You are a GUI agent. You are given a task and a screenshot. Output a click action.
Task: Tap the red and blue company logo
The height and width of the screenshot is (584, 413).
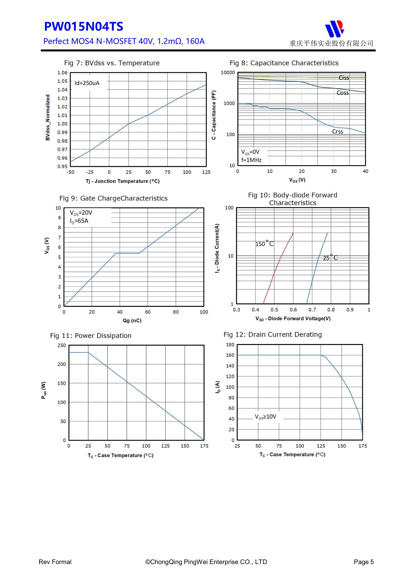334,28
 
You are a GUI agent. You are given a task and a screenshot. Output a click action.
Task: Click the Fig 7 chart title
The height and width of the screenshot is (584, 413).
112,63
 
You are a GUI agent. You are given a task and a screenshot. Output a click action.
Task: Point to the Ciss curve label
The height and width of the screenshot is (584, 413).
344,78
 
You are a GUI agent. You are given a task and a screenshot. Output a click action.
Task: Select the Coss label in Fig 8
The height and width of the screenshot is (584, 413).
343,93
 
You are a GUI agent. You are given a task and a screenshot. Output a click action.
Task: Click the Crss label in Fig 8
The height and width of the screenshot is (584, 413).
337,132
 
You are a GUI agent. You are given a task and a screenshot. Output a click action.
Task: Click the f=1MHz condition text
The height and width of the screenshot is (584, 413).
251,160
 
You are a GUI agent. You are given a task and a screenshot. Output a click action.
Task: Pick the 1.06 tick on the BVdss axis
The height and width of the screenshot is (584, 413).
62,73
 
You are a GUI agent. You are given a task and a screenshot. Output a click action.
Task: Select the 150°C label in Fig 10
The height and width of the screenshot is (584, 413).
264,244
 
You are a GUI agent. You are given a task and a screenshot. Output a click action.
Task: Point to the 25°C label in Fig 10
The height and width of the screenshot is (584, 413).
330,258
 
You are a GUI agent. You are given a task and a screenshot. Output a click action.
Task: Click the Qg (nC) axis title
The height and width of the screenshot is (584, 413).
132,320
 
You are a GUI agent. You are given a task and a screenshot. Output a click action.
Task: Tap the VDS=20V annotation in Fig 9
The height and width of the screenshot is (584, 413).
81,213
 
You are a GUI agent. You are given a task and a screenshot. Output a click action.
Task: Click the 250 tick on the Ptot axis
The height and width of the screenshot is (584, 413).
62,345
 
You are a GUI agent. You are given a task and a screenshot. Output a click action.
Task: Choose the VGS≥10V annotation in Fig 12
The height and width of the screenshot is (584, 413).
265,417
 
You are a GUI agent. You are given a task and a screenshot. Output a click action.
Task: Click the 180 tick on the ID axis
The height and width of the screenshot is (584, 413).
230,345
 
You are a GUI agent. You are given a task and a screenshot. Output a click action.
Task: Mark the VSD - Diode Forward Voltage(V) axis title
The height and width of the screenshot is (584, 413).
293,318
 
